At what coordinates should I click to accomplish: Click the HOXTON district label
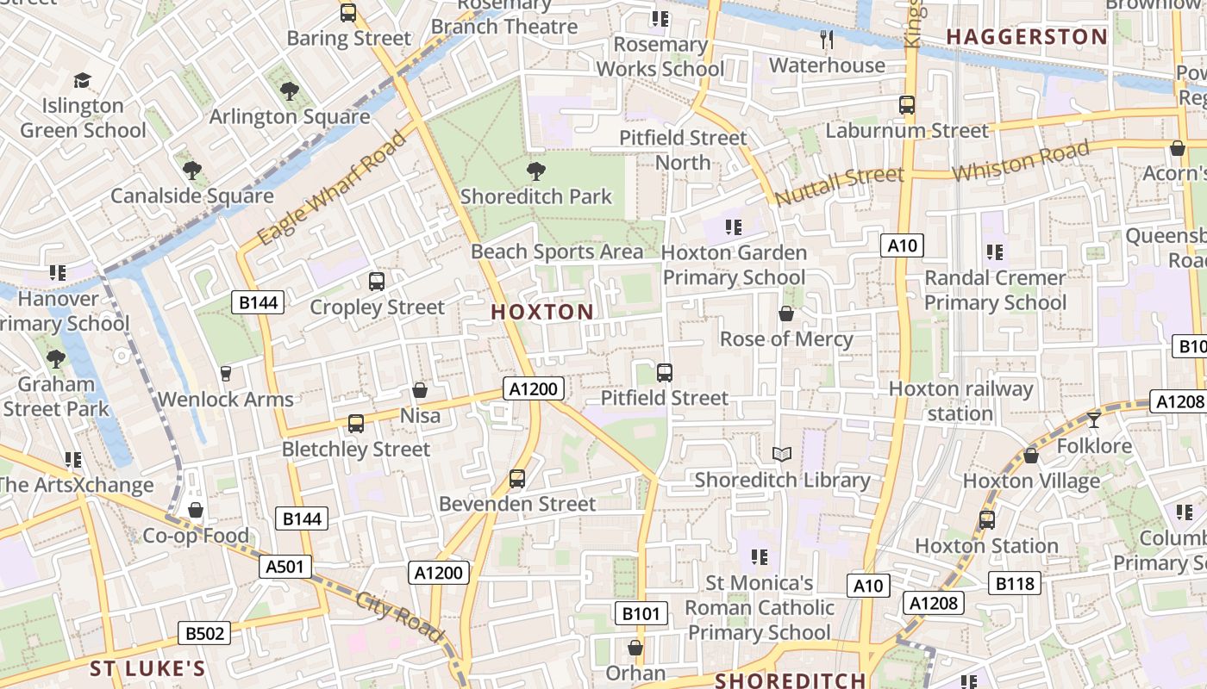pos(542,312)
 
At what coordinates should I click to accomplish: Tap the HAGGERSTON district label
pos(1026,37)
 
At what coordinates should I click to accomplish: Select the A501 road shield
pos(285,567)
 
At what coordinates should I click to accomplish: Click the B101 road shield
pos(641,613)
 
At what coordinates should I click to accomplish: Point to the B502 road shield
pos(205,634)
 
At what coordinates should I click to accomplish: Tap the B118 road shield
pos(1015,583)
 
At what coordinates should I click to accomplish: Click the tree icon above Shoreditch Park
pos(535,171)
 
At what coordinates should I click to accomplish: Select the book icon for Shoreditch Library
pos(781,454)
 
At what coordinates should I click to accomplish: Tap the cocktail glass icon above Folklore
pos(1094,419)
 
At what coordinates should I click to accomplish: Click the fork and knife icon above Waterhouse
pos(826,39)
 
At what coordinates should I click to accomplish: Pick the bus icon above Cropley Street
pos(377,281)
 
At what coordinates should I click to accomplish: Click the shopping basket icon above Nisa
pos(420,390)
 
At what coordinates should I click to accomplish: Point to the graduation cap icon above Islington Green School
pos(82,80)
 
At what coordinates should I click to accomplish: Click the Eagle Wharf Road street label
pos(332,187)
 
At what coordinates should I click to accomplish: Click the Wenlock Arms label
pos(226,400)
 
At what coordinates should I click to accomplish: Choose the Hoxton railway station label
pos(960,401)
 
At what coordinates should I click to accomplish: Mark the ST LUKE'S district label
pos(147,669)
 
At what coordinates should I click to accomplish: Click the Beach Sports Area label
pos(557,251)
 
